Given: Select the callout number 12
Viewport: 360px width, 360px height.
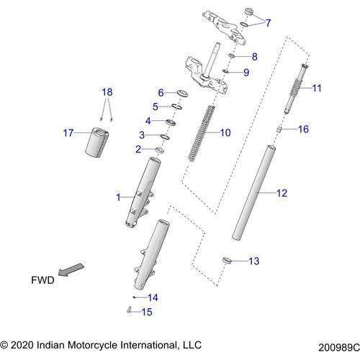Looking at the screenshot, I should (282, 193).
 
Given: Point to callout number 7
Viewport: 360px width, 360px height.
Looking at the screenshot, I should (268, 23).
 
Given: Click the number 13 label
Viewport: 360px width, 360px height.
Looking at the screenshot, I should (253, 261).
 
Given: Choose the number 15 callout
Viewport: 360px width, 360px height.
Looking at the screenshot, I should (147, 312).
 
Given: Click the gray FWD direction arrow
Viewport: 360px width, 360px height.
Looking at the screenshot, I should (71, 270).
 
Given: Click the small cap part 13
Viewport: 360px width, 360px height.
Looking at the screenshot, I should (225, 259).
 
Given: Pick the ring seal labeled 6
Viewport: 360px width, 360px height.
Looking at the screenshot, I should (179, 93).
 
